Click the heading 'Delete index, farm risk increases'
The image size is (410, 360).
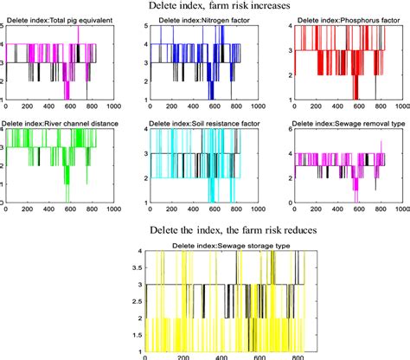click(x=205, y=7)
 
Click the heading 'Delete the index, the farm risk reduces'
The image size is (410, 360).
click(x=205, y=233)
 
